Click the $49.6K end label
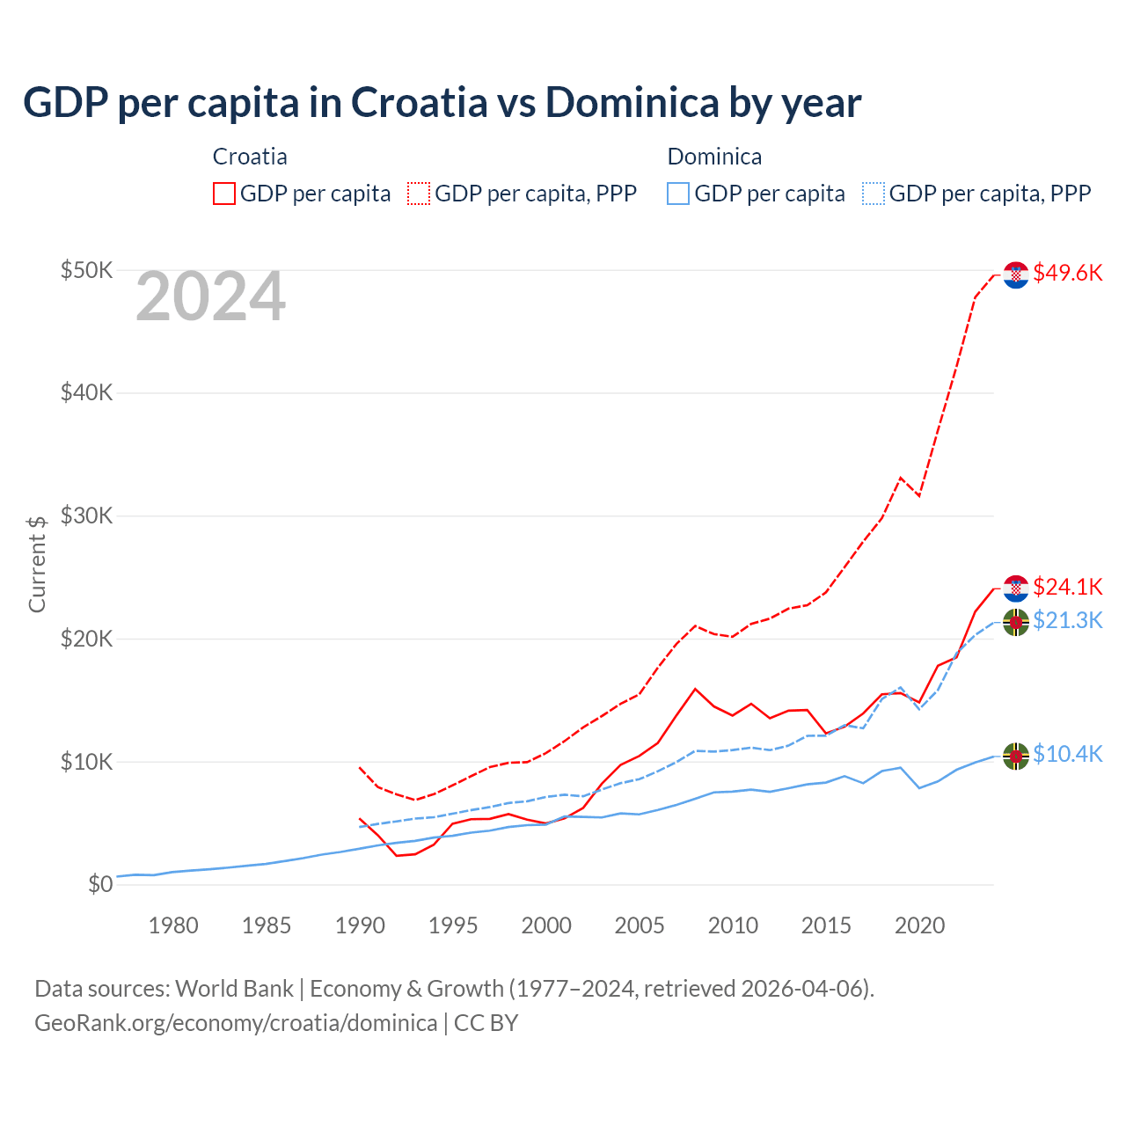(1067, 273)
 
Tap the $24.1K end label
(1067, 587)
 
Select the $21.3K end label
(1067, 621)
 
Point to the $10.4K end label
(1067, 755)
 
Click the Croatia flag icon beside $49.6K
(1016, 274)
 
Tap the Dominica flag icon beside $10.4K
(1016, 756)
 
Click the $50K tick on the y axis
(86, 270)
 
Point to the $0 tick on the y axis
(100, 884)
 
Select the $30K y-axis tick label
(86, 515)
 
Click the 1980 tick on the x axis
(173, 925)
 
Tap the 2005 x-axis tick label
(640, 925)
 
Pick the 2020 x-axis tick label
(919, 925)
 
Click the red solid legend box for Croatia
(223, 194)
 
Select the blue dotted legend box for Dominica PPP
(873, 194)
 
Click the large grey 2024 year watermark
(210, 296)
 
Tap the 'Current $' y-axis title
(37, 564)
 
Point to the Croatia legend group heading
(250, 157)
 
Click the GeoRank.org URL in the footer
(236, 1023)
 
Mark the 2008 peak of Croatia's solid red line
(695, 689)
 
